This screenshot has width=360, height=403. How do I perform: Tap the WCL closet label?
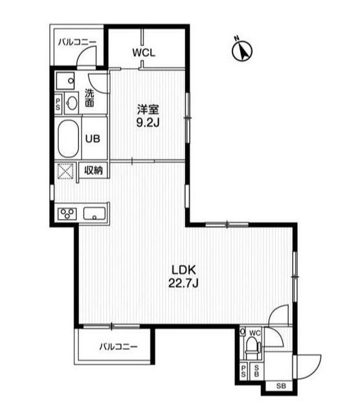pyautogui.click(x=144, y=53)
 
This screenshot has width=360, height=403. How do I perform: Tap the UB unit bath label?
pyautogui.click(x=93, y=137)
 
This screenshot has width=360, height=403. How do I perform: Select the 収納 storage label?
pyautogui.click(x=94, y=171)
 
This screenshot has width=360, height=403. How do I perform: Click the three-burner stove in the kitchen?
pyautogui.click(x=68, y=213)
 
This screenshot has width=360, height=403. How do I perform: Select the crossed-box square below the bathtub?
pyautogui.click(x=67, y=172)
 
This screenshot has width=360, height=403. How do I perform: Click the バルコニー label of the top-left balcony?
pyautogui.click(x=76, y=42)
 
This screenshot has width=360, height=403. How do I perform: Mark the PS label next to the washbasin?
pyautogui.click(x=58, y=103)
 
